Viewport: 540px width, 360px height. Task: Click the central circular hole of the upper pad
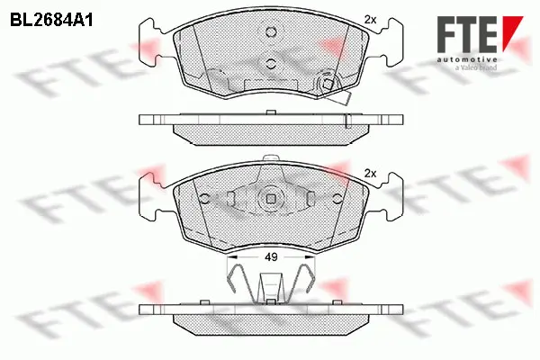coord(270,62)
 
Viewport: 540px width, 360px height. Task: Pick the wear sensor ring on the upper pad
coord(328,86)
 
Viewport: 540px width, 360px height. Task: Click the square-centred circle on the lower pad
coord(270,200)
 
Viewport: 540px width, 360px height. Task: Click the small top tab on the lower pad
coord(270,161)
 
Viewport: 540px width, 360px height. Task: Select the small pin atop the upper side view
coord(270,112)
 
